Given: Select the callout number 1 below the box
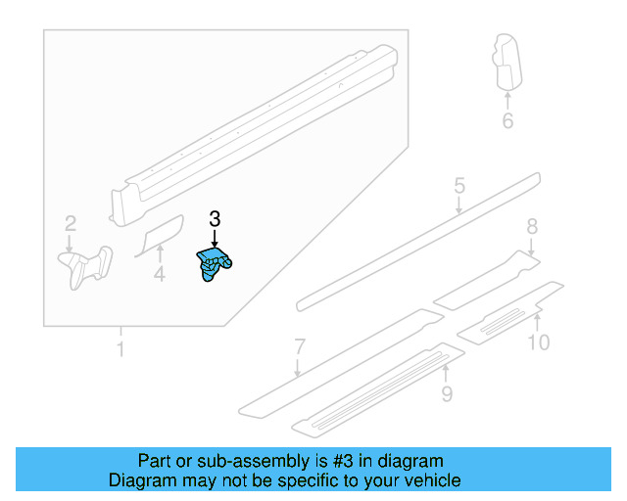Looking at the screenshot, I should pos(121,349).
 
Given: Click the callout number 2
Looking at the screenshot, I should pos(71,223).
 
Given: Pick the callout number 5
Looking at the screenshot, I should pos(458,186).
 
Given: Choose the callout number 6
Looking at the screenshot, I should pos(300,345).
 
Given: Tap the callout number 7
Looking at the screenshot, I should pos(532,226).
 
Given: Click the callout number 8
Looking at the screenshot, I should pos(447,394).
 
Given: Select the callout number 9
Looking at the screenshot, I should pos(539,342).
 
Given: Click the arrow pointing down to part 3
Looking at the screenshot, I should pos(216,241).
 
